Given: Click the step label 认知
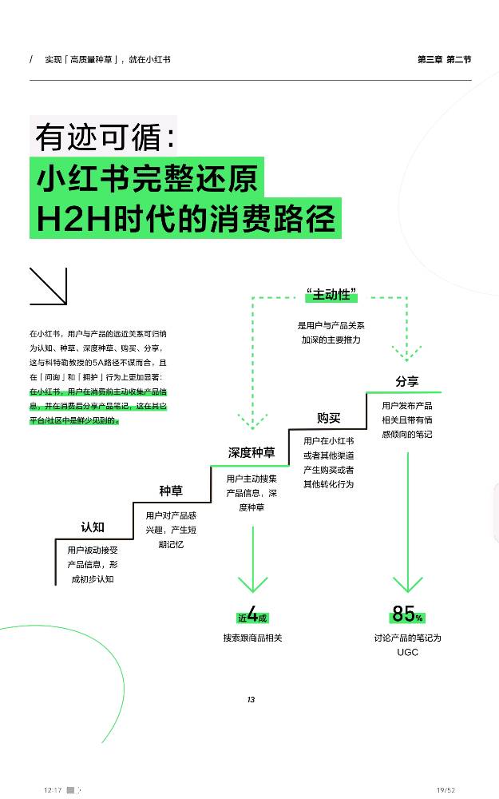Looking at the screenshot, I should coord(93,527).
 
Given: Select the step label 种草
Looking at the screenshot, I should coord(170,491).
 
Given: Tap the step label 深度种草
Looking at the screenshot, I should coord(251,452).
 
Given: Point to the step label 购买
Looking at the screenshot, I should coord(328,418).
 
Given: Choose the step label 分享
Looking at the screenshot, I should coord(407,381).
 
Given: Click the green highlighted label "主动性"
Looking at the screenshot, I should coord(331,295).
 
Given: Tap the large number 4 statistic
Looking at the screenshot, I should coord(252,615).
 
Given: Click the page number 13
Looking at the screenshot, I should coord(250,700).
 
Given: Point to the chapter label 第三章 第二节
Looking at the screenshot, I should coord(444,59).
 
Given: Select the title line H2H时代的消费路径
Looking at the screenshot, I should coord(185,218).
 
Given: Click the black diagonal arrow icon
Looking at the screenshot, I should coord(48,286).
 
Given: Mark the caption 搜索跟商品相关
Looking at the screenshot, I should coord(252,638).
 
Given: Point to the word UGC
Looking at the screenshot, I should coord(407,652).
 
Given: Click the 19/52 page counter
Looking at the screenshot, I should coord(446,789).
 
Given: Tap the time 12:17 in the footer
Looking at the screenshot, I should coord(53,789).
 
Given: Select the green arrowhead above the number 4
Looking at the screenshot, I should coord(252,583).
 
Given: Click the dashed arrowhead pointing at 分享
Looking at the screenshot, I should coord(407,353).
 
